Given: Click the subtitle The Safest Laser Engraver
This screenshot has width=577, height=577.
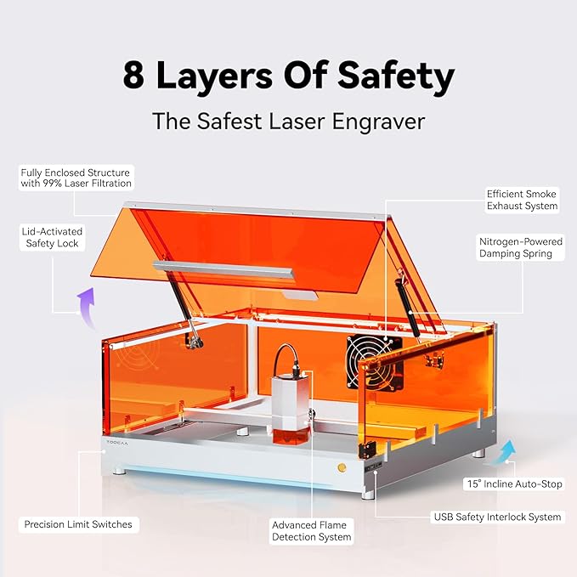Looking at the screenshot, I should coord(288,121).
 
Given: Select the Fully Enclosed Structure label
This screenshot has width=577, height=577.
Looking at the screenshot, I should coord(76,178).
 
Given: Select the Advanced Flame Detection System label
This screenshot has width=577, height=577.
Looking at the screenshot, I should coord(311,531).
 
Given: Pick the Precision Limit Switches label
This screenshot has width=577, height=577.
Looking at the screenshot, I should coord(78,524).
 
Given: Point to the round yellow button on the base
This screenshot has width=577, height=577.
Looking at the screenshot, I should coord(342,467).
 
